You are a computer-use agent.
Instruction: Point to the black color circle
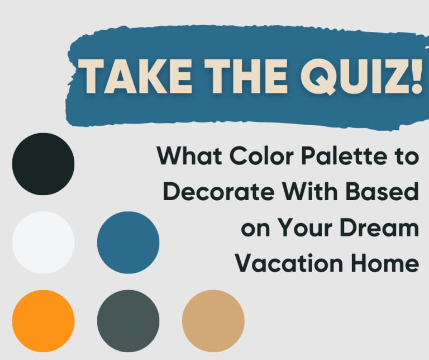[43, 164]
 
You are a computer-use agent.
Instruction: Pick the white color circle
[43, 243]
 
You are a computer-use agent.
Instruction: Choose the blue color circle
[128, 243]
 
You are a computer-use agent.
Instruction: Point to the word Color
[261, 157]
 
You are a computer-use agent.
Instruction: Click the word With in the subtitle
[309, 192]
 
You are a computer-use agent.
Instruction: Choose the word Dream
[382, 228]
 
